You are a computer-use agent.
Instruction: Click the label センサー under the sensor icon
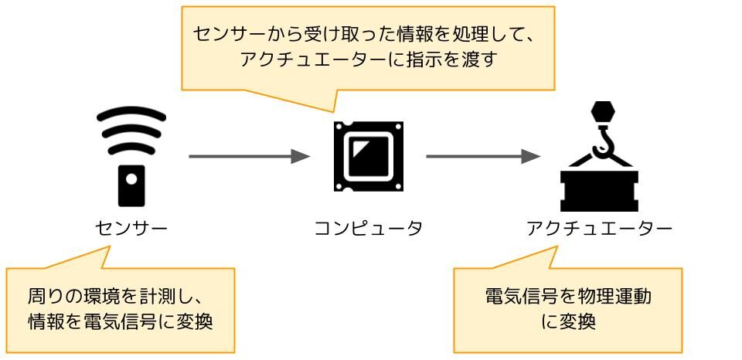click(131, 229)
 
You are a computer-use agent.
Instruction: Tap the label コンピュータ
click(369, 229)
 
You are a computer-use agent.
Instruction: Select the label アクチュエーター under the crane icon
click(599, 229)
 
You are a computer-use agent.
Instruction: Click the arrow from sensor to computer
click(250, 156)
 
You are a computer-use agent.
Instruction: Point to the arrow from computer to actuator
click(483, 156)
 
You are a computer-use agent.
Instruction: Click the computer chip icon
click(369, 156)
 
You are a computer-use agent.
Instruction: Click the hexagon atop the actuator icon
click(603, 112)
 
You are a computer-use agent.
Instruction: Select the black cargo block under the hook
click(599, 191)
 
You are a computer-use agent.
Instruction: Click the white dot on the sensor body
click(131, 178)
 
